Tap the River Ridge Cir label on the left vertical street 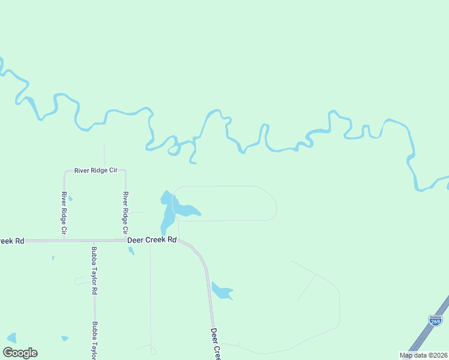(x=64, y=213)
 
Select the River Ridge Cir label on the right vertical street (x=125, y=213)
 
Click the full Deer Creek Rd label (x=152, y=240)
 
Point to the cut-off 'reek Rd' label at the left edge (x=12, y=241)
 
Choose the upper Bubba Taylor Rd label (x=94, y=270)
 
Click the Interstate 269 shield (x=435, y=320)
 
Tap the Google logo (x=20, y=353)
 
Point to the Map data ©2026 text (x=423, y=355)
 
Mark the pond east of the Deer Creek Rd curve (x=221, y=291)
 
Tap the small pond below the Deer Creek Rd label (x=131, y=251)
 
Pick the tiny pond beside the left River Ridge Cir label (x=70, y=199)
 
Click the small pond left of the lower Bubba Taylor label (x=65, y=338)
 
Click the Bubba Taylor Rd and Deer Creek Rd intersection (x=94, y=241)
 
